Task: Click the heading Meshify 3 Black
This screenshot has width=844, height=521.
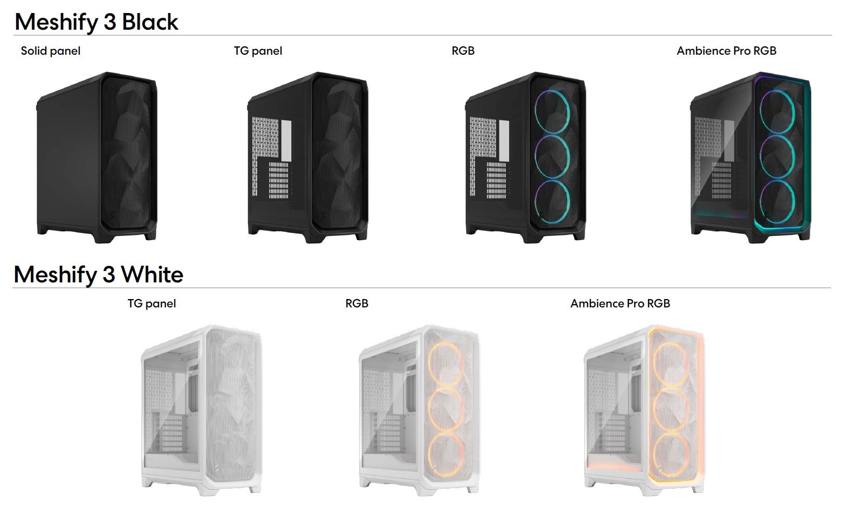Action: pyautogui.click(x=96, y=22)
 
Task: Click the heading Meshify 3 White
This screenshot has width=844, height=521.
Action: pyautogui.click(x=98, y=274)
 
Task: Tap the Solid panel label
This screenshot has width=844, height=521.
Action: pyautogui.click(x=51, y=51)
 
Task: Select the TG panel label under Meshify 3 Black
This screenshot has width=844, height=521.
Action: pyautogui.click(x=258, y=51)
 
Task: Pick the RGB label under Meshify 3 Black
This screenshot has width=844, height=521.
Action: pyautogui.click(x=463, y=51)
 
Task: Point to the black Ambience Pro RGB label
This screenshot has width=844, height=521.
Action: pyautogui.click(x=726, y=51)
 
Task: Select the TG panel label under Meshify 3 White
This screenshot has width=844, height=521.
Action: pyautogui.click(x=152, y=304)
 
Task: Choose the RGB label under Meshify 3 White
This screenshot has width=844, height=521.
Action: pyautogui.click(x=357, y=304)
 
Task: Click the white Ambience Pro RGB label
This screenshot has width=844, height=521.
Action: pyautogui.click(x=620, y=304)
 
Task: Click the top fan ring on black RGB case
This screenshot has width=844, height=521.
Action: pyautogui.click(x=536, y=111)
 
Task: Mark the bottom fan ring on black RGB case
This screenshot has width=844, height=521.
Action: pyautogui.click(x=536, y=202)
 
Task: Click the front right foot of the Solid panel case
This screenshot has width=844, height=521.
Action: pyautogui.click(x=151, y=236)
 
